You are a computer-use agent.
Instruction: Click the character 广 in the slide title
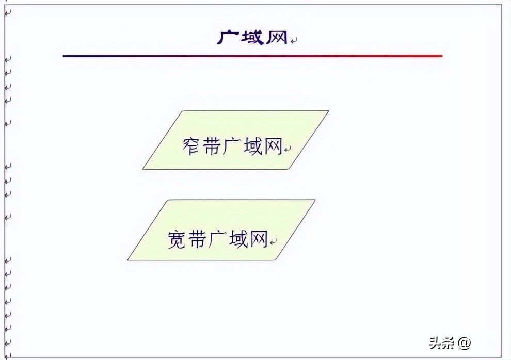pyautogui.click(x=228, y=38)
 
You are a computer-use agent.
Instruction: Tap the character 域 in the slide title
pyautogui.click(x=252, y=38)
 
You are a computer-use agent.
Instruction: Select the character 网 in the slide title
pyautogui.click(x=276, y=38)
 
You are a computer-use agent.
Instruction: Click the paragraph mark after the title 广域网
pyautogui.click(x=294, y=40)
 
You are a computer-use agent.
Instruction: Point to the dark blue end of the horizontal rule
pyautogui.click(x=63, y=56)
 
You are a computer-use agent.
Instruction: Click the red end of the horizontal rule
pyautogui.click(x=442, y=56)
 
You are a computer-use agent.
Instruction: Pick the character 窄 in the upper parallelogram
pyautogui.click(x=191, y=146)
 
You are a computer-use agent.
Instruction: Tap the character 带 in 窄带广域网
pyautogui.click(x=211, y=146)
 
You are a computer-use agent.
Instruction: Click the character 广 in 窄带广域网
pyautogui.click(x=232, y=146)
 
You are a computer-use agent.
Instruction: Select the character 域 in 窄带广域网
pyautogui.click(x=253, y=146)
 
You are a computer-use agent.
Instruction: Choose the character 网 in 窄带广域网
pyautogui.click(x=273, y=146)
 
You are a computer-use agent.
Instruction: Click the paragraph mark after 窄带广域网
pyautogui.click(x=288, y=150)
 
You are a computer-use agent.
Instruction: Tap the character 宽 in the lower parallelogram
pyautogui.click(x=177, y=239)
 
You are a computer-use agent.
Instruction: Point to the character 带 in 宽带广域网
pyautogui.click(x=198, y=239)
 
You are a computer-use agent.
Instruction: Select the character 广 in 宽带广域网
pyautogui.click(x=218, y=239)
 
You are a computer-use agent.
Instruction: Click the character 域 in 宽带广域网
pyautogui.click(x=238, y=239)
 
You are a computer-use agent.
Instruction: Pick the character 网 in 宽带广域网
pyautogui.click(x=259, y=239)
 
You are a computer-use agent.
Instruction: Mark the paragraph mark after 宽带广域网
pyautogui.click(x=274, y=242)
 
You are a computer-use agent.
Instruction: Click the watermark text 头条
pyautogui.click(x=442, y=342)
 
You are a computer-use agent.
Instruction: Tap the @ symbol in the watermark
pyautogui.click(x=464, y=343)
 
